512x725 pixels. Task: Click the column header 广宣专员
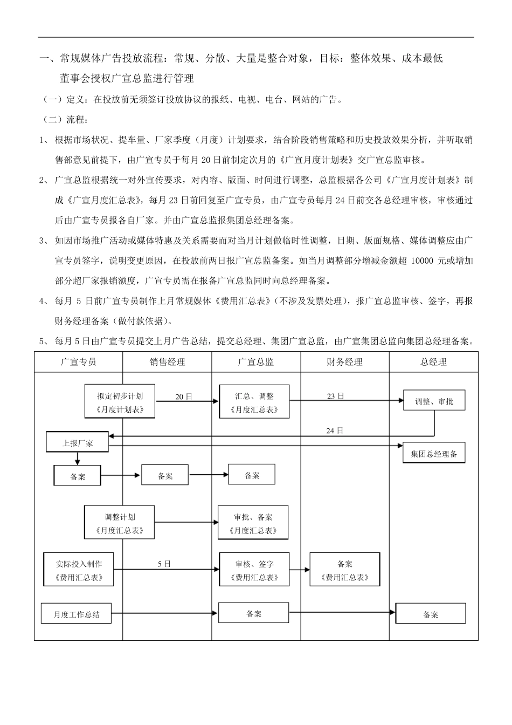79,362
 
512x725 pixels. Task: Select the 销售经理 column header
167,362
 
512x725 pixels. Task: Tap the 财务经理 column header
344,362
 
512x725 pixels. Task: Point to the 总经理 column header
433,362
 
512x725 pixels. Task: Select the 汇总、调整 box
254,402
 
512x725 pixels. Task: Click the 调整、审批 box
434,402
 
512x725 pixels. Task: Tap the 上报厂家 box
78,442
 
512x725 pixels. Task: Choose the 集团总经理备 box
434,454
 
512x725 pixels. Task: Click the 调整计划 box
120,523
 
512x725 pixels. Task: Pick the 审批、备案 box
253,523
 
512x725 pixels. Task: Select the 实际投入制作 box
79,570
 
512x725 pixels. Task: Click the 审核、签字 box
254,570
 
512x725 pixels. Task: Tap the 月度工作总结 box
77,614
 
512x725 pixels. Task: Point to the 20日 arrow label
183,396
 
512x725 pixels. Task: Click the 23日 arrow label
335,396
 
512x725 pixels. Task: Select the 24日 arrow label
334,430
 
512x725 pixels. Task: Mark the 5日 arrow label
164,564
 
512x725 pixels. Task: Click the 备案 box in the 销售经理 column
165,476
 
